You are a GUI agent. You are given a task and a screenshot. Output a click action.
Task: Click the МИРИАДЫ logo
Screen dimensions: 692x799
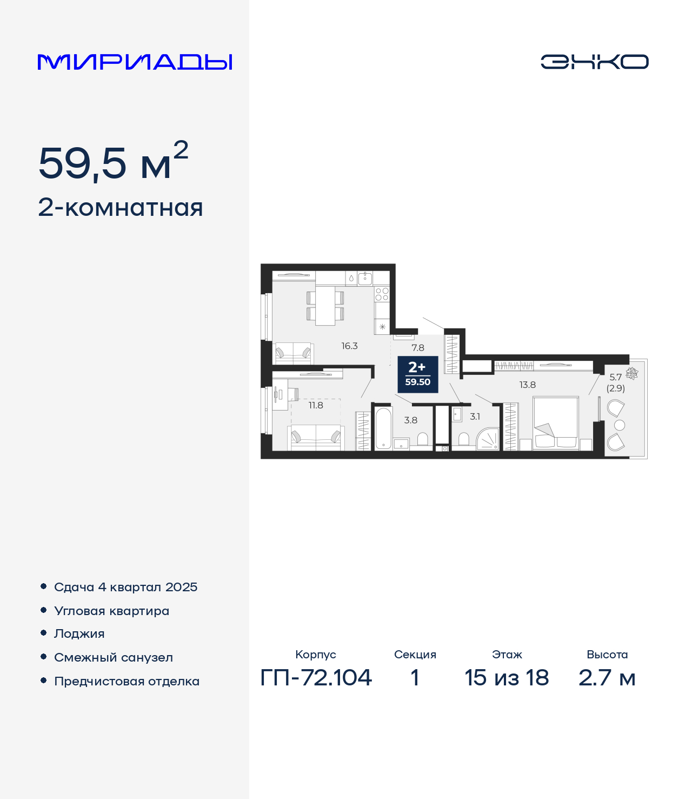tap(135, 62)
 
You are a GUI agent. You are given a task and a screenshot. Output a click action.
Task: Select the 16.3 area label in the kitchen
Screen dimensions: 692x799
tap(349, 346)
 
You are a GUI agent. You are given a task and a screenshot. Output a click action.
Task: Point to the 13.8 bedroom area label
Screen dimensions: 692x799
tap(528, 385)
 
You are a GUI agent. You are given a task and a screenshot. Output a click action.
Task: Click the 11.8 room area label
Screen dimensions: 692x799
tap(316, 405)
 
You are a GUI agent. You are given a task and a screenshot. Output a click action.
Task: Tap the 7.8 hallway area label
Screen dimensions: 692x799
tap(418, 347)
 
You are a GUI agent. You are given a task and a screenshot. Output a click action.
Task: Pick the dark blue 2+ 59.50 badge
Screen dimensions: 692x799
tap(418, 374)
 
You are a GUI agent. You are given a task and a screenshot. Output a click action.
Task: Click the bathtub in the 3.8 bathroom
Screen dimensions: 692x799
tap(383, 428)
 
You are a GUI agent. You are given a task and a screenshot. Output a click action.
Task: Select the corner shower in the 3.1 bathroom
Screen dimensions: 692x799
tap(488, 439)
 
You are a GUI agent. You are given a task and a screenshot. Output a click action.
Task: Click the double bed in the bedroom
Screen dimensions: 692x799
tap(556, 423)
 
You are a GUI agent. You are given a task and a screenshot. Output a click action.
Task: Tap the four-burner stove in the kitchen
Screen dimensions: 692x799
tap(382, 294)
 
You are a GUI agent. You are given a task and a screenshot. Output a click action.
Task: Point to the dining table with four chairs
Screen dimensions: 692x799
tap(325, 306)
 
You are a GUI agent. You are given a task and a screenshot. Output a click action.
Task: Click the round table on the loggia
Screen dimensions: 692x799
tap(620, 425)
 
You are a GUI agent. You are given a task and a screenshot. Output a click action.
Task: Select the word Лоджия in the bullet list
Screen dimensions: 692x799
tap(79, 633)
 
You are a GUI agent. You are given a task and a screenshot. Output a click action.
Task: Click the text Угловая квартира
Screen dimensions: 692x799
tap(112, 611)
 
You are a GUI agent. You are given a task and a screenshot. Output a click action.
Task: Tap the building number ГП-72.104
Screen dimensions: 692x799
tap(316, 678)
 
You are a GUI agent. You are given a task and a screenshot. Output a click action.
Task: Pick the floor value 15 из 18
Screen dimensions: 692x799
tap(507, 678)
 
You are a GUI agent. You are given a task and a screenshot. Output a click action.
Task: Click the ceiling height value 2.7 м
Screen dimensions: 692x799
tap(607, 678)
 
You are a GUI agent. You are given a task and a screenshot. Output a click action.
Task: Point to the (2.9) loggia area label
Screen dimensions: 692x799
tap(615, 388)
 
